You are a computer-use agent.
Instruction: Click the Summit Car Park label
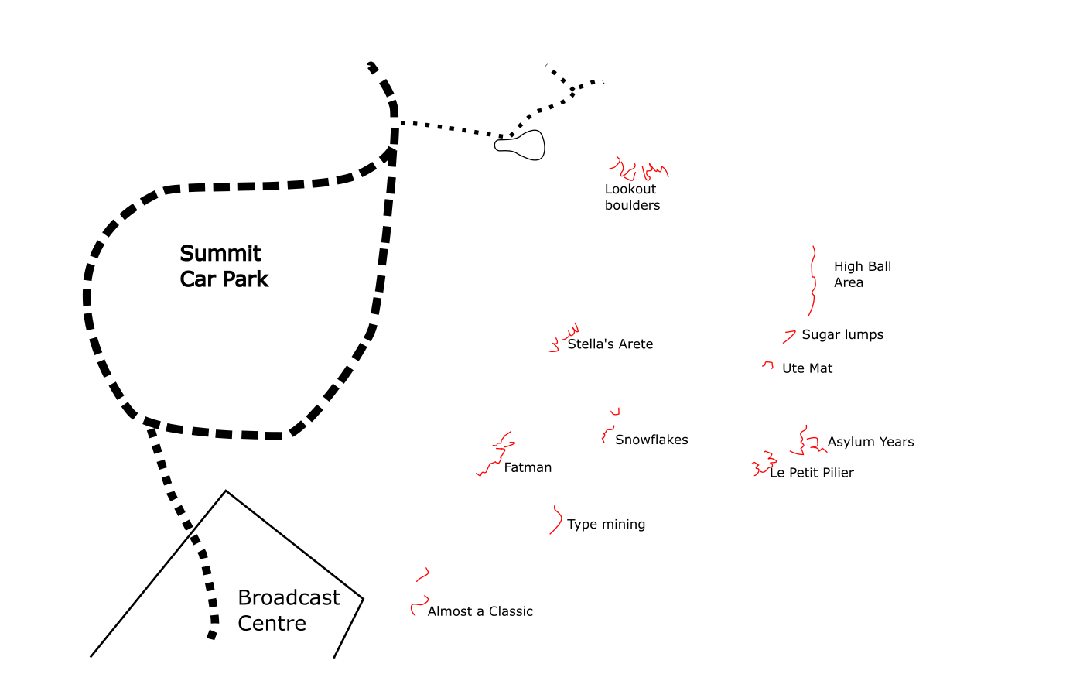coord(224,266)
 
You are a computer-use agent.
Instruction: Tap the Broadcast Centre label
coord(289,610)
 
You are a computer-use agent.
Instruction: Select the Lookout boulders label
coord(632,197)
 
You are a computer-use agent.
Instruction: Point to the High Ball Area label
coord(862,274)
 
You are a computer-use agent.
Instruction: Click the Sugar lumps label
coord(842,334)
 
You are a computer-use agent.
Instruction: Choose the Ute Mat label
coord(807,368)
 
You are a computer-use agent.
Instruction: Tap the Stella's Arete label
coord(610,344)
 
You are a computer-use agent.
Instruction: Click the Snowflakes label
coord(651,440)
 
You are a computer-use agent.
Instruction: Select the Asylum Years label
coord(870,442)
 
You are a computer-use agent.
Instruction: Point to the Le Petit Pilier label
coord(812,473)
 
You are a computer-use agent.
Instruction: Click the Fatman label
coord(528,467)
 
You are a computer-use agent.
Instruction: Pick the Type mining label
coord(606,524)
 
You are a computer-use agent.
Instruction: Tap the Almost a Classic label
coord(480,611)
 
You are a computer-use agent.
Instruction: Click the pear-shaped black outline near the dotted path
coord(521,145)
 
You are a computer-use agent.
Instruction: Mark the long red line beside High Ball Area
coord(812,282)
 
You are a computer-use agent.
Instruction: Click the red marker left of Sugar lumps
coord(789,336)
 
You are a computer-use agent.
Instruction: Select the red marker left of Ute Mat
coord(767,364)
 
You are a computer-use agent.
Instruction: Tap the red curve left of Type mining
coord(556,520)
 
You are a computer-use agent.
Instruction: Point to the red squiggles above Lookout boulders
coord(639,169)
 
